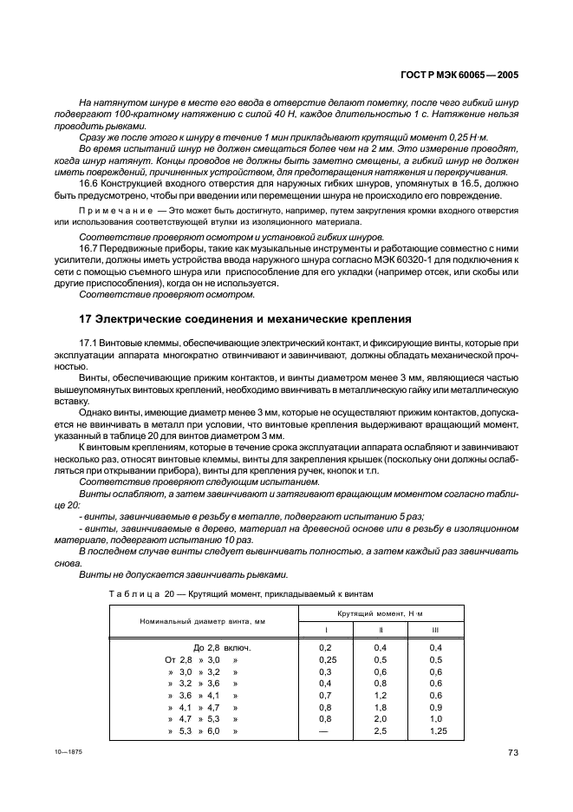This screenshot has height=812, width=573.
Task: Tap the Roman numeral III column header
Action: tap(435, 630)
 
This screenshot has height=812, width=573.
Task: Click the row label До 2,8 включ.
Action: tap(215, 647)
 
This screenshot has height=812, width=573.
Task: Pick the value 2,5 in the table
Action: tap(380, 731)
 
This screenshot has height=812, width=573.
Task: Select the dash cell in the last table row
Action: tap(325, 731)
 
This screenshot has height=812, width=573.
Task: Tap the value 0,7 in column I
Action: tap(325, 695)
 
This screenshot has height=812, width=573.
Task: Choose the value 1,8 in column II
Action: tap(380, 707)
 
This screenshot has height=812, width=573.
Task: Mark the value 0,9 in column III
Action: tap(435, 707)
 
